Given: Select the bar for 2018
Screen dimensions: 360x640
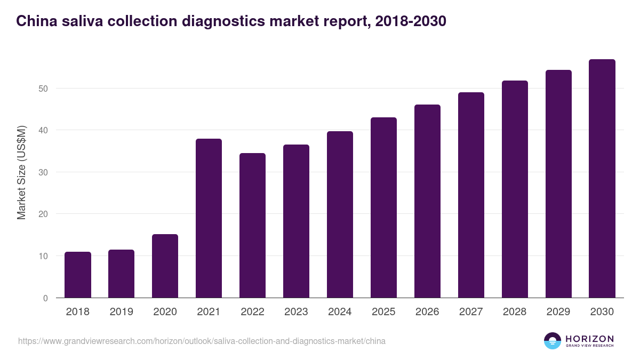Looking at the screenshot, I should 78,275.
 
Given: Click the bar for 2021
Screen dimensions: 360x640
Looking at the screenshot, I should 209,218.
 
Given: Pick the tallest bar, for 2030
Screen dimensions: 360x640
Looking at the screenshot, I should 602,179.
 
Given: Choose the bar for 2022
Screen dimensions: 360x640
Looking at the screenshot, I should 252,226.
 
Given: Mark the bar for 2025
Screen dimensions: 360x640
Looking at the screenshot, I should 383,207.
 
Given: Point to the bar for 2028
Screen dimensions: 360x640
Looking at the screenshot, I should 515,189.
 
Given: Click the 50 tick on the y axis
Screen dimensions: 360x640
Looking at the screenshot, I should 43,89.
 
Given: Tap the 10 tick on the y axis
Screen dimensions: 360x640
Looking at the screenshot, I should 43,256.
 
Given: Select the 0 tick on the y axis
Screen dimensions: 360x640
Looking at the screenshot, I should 45,298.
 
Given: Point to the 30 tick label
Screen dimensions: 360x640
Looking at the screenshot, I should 43,172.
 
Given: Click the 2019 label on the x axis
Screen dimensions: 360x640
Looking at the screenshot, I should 122,312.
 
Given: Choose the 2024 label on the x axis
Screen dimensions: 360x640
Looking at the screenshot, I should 340,312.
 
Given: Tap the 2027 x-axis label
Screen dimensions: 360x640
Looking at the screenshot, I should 471,312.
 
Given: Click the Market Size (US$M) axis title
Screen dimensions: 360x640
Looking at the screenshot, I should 21,172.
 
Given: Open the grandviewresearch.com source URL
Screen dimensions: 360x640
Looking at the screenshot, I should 202,341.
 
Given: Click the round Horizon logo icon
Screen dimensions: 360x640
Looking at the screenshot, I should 553,341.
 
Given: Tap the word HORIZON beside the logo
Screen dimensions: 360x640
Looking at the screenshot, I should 589,338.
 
